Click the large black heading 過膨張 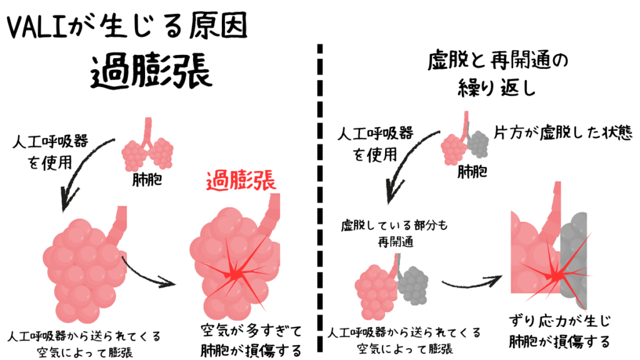point(151,74)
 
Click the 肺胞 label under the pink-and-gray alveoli point(472,171)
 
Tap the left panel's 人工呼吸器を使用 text point(50,152)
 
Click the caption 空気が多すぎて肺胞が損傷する point(251,339)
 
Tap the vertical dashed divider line point(321,200)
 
